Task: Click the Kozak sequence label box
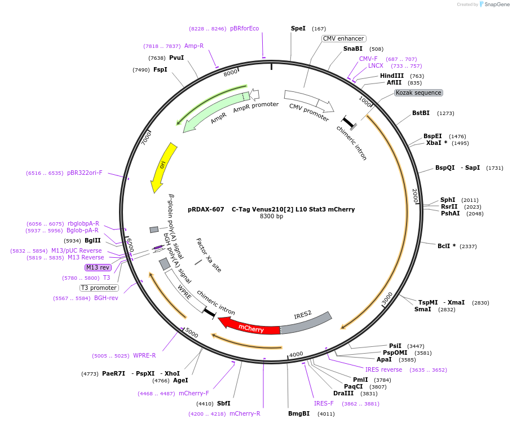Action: [x=418, y=92]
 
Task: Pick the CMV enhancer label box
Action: [x=343, y=38]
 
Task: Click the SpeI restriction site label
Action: [x=298, y=28]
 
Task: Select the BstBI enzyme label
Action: [x=421, y=113]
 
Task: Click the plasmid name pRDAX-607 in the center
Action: [x=206, y=209]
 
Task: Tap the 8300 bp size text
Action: [x=271, y=217]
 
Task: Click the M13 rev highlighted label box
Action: [x=98, y=267]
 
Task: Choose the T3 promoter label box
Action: [x=99, y=288]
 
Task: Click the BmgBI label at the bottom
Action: [x=299, y=413]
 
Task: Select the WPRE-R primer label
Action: [x=144, y=355]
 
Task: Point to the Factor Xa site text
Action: [x=209, y=255]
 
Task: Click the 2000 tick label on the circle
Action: [x=416, y=196]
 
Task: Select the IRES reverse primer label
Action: [x=383, y=370]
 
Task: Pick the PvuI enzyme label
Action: [x=176, y=58]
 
